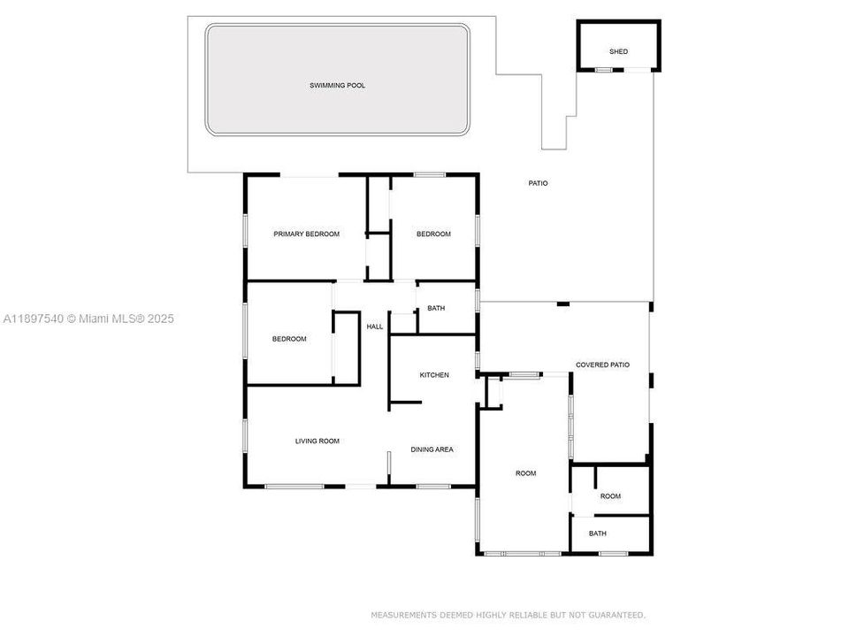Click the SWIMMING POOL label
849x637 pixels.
[337, 86]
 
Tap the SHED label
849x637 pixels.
[618, 51]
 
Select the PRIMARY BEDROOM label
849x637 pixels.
[306, 234]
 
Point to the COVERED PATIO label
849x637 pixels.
[602, 365]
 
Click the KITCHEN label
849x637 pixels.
[433, 375]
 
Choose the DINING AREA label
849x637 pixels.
[432, 449]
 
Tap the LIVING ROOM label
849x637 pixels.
[317, 441]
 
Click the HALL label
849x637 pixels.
[375, 326]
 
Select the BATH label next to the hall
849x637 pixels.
[436, 309]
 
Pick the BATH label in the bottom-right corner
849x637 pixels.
[598, 533]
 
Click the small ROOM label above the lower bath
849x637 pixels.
[610, 496]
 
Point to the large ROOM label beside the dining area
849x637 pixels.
[525, 473]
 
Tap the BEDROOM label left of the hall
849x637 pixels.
[288, 339]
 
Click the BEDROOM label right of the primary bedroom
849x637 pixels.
[433, 234]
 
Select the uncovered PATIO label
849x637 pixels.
[538, 183]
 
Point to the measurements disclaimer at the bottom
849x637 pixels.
[508, 614]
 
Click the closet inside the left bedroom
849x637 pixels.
[346, 348]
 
